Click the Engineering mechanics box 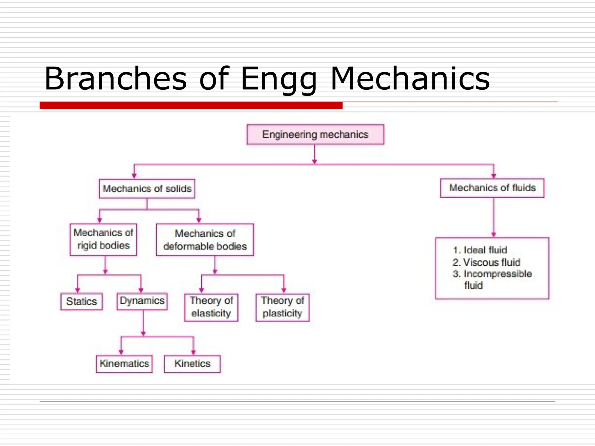[315, 135]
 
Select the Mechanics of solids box [147, 189]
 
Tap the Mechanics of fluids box [492, 188]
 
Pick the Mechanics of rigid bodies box [103, 239]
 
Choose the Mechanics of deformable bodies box [205, 240]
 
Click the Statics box [81, 301]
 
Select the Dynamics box [142, 301]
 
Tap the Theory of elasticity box [211, 307]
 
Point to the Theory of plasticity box [282, 307]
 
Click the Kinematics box [124, 364]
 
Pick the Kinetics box [192, 364]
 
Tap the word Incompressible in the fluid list [497, 274]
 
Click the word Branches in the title [115, 79]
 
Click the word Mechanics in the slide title [410, 79]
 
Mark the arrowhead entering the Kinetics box [193, 352]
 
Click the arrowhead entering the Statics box [77, 289]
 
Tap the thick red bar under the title [191, 105]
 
